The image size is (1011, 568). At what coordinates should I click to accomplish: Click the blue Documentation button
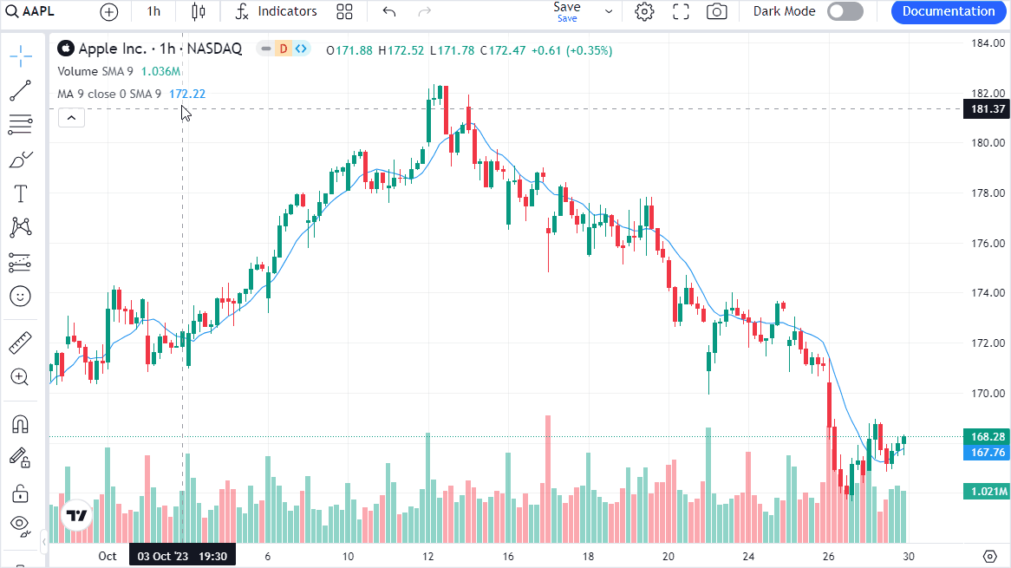coord(949,11)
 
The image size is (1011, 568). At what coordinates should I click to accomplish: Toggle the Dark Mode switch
coord(845,11)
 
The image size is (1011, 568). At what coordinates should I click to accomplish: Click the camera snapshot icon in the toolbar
coord(716,11)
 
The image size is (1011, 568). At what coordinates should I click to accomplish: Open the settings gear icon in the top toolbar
coord(644,11)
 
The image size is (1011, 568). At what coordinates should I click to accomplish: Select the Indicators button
coord(277,11)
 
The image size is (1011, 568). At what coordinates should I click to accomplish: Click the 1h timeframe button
coord(153,11)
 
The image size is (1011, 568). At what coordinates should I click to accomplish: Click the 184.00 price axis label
coord(988,43)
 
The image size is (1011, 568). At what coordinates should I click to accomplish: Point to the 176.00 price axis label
coord(988,243)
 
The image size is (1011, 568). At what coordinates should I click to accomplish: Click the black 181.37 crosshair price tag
coord(988,109)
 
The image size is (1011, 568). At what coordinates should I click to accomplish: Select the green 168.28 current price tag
coord(988,437)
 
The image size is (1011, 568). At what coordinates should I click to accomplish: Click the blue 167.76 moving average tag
coord(988,452)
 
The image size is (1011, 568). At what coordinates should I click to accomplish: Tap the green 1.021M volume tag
coord(988,492)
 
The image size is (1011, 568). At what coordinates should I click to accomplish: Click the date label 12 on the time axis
coord(427,556)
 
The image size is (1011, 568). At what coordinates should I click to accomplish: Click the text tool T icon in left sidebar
coord(21,193)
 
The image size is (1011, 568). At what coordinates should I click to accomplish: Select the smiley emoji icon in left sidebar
coord(21,297)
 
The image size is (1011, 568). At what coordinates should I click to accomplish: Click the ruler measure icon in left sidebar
coord(21,343)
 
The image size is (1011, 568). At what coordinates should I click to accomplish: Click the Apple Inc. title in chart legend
coord(113,49)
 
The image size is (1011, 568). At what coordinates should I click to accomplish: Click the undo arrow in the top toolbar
coord(389,11)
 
